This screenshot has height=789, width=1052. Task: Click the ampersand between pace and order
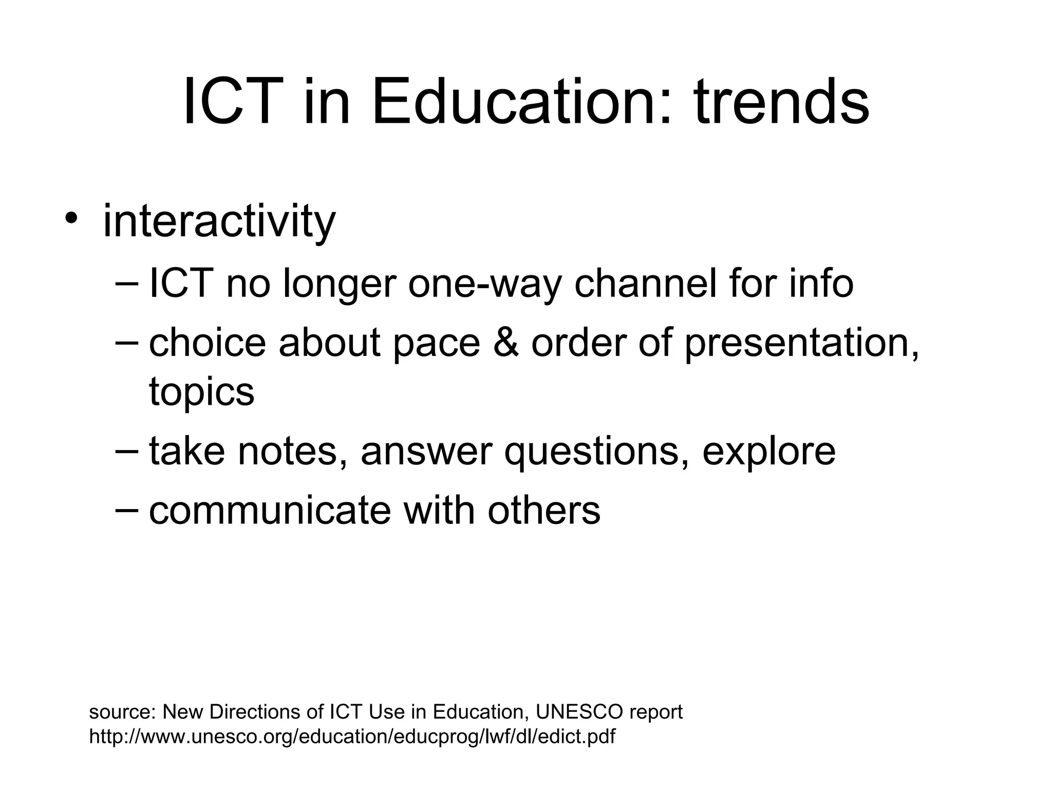tap(506, 343)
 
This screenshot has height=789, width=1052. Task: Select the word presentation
tap(801, 344)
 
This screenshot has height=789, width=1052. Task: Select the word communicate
tap(270, 511)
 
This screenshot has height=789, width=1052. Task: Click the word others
tap(544, 511)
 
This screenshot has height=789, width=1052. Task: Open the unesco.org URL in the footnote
tap(352, 737)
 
